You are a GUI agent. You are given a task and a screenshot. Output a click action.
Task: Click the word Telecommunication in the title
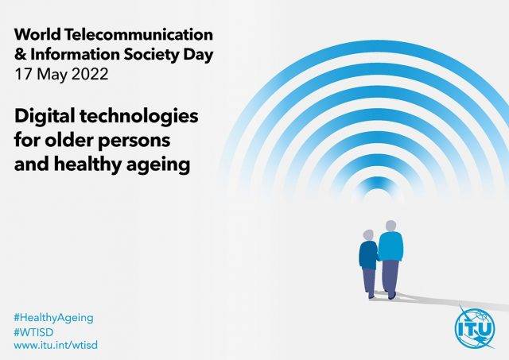[138, 34]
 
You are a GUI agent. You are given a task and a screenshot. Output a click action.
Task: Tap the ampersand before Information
[20, 54]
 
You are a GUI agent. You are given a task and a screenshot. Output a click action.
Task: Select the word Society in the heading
[151, 55]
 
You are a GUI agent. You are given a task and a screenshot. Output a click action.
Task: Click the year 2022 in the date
[89, 74]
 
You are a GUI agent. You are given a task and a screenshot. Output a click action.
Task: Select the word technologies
[138, 116]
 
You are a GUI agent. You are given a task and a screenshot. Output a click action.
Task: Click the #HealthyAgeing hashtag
[53, 318]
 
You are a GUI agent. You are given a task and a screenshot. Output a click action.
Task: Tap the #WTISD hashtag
[33, 331]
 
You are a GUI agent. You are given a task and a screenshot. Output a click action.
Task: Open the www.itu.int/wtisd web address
[56, 345]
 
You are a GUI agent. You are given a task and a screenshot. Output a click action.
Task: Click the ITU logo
[475, 328]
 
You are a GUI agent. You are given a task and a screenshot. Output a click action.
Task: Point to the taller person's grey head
[390, 226]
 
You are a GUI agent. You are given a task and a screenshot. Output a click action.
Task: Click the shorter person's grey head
[368, 235]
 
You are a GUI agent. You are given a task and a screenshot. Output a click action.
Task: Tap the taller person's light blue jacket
[390, 246]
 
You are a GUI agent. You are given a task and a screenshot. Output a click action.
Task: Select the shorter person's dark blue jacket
[368, 255]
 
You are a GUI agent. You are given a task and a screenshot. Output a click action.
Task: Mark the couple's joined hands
[379, 258]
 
